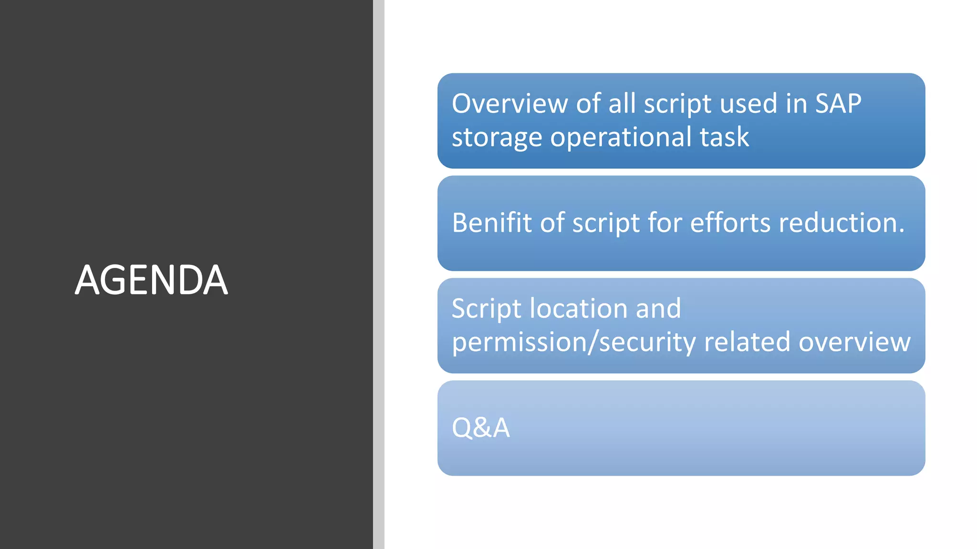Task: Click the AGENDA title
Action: [151, 280]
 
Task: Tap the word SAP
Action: [838, 103]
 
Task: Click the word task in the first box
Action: [724, 137]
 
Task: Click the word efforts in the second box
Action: [730, 223]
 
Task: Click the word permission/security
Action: [574, 343]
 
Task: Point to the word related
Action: [747, 342]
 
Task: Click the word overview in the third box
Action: [854, 342]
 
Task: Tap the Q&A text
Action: [480, 427]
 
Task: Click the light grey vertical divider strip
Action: [379, 274]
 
